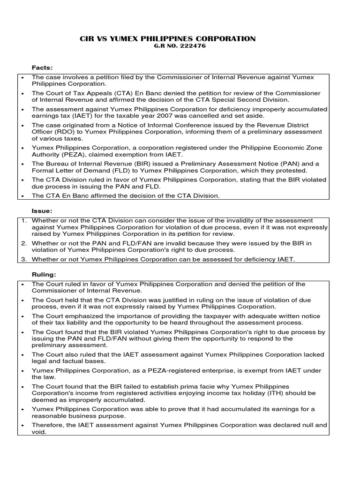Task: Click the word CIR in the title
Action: [88, 39]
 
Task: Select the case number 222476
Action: [195, 46]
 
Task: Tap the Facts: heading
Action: [42, 68]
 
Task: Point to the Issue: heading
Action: [42, 211]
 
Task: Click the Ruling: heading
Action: [43, 275]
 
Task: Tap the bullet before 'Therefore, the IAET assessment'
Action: [22, 425]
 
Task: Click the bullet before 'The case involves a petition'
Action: [22, 77]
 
